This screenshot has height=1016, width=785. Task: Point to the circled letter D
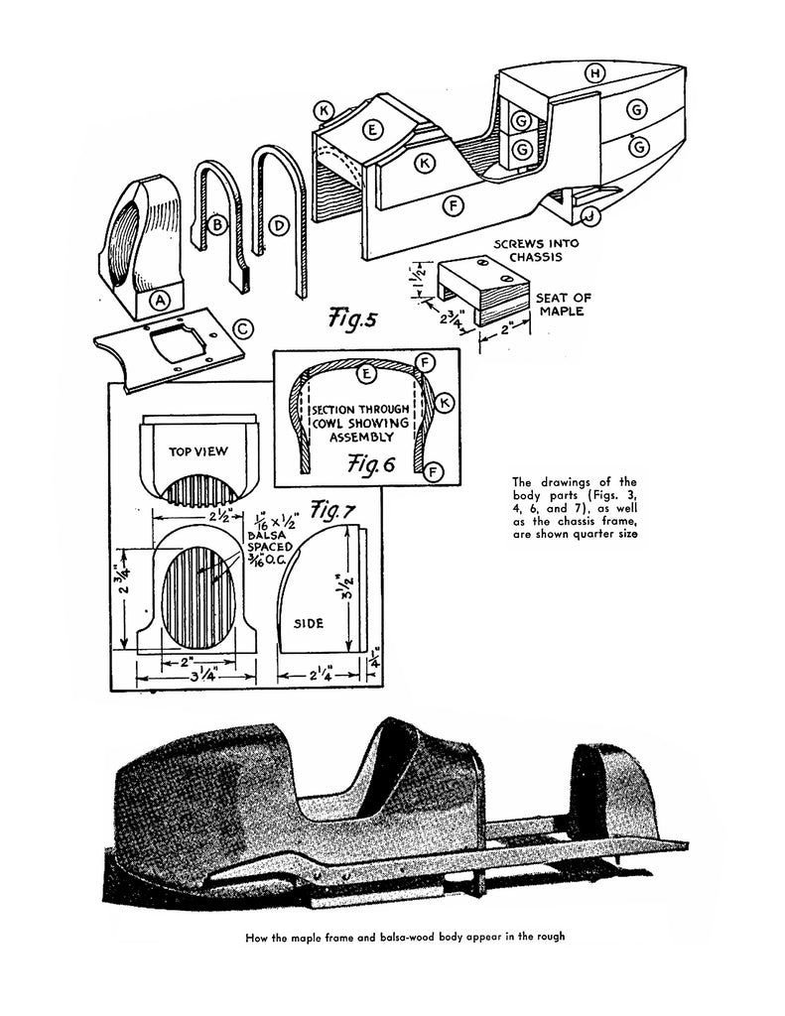pos(280,226)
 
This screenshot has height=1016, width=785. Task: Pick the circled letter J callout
pos(589,213)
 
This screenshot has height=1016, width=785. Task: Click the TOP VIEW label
pos(198,451)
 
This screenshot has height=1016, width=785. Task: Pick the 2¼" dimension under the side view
pos(322,678)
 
